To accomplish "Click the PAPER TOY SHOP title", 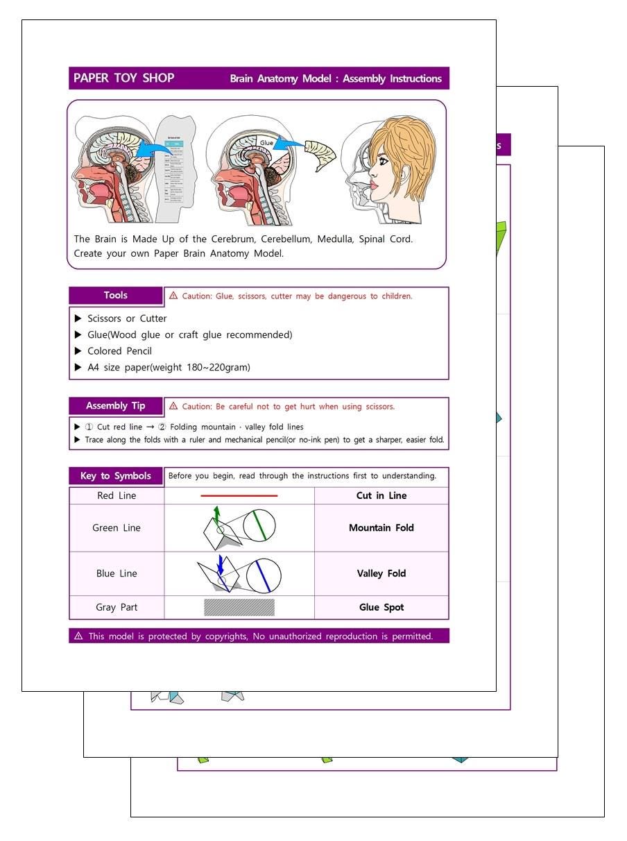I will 123,78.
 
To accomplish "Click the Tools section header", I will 116,296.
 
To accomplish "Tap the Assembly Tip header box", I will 116,406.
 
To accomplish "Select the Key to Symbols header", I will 116,476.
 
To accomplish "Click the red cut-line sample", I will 239,496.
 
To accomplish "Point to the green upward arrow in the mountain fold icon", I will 216,514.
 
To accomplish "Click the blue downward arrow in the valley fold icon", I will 220,563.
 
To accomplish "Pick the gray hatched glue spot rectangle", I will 239,607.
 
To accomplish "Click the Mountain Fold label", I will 381,528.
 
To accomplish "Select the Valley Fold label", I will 381,574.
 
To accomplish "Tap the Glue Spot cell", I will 381,607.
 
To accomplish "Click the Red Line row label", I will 117,496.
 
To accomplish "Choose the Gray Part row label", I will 117,607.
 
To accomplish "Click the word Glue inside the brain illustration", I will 267,143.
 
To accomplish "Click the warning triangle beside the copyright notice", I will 78,636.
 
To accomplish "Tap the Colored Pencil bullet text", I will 119,351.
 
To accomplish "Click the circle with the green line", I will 259,525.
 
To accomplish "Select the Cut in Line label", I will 381,496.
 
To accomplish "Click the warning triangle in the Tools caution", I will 173,296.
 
